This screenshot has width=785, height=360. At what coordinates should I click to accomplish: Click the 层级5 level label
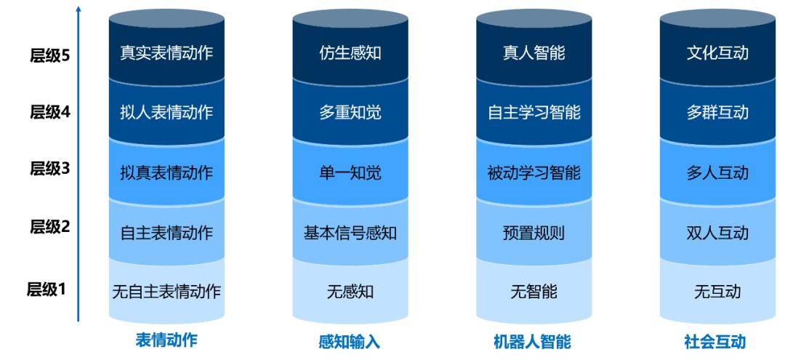tap(49, 55)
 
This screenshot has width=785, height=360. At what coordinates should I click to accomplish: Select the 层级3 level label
tap(49, 169)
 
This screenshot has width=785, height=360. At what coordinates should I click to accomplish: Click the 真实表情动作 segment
tap(166, 53)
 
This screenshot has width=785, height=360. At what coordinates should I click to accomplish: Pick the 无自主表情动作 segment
tap(166, 292)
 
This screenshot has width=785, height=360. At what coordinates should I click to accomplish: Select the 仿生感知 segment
tap(350, 53)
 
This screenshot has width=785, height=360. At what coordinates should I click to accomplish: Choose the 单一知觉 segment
tap(350, 173)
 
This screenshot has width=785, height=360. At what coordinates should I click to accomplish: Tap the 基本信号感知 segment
tap(350, 233)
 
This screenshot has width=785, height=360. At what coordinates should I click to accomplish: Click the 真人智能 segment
tap(534, 53)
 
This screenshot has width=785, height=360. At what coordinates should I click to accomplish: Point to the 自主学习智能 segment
tap(534, 113)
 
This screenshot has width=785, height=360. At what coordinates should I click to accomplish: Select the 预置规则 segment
tap(534, 233)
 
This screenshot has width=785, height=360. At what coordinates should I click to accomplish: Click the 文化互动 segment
tap(717, 53)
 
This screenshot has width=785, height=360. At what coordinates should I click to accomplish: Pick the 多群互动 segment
tap(717, 113)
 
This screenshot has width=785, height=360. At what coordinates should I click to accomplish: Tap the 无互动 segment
tap(717, 292)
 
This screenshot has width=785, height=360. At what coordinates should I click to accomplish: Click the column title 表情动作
tap(166, 340)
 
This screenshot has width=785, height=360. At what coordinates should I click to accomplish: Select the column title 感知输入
tap(350, 342)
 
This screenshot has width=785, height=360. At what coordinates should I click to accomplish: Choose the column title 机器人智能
tap(533, 342)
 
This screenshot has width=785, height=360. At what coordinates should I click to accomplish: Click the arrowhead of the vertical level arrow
tap(78, 9)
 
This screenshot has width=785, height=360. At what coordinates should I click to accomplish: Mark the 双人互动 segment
tap(717, 233)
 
